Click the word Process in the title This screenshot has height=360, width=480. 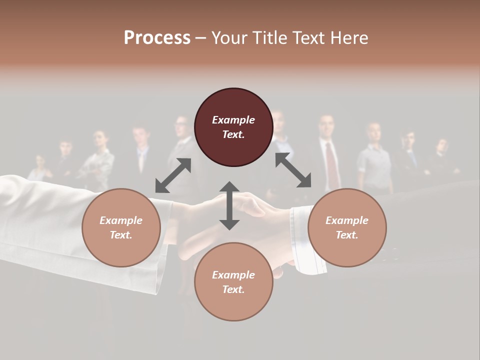pyautogui.click(x=157, y=38)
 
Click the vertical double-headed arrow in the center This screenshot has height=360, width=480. pyautogui.click(x=229, y=205)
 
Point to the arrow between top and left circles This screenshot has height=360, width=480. pyautogui.click(x=173, y=175)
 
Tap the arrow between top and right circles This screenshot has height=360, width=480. pyautogui.click(x=293, y=170)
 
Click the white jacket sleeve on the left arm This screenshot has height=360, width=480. pyautogui.click(x=75, y=225)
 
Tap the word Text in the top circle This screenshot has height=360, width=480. pyautogui.click(x=233, y=134)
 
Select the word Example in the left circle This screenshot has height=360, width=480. pyautogui.click(x=121, y=220)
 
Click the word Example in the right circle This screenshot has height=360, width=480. pyautogui.click(x=347, y=220)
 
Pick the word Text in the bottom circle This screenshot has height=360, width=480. pyautogui.click(x=233, y=289)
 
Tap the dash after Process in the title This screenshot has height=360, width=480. pyautogui.click(x=200, y=38)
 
